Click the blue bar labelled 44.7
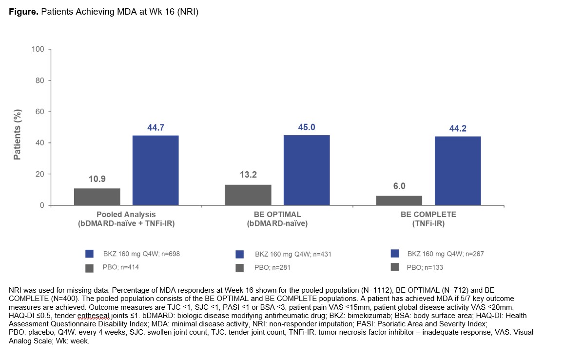[x=156, y=170]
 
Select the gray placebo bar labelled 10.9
[x=97, y=197]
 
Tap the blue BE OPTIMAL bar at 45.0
[x=307, y=170]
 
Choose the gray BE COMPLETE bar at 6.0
[x=399, y=200]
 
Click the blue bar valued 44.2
[x=458, y=171]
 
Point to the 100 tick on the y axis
[x=39, y=49]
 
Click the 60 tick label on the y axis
[x=40, y=112]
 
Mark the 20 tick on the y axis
[x=40, y=174]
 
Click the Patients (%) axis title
[x=18, y=136]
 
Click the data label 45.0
[x=307, y=127]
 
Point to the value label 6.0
[x=399, y=186]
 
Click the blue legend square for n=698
[x=89, y=254]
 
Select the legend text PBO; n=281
[x=273, y=268]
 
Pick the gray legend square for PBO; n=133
[x=395, y=267]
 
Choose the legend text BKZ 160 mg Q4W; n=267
[x=446, y=254]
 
